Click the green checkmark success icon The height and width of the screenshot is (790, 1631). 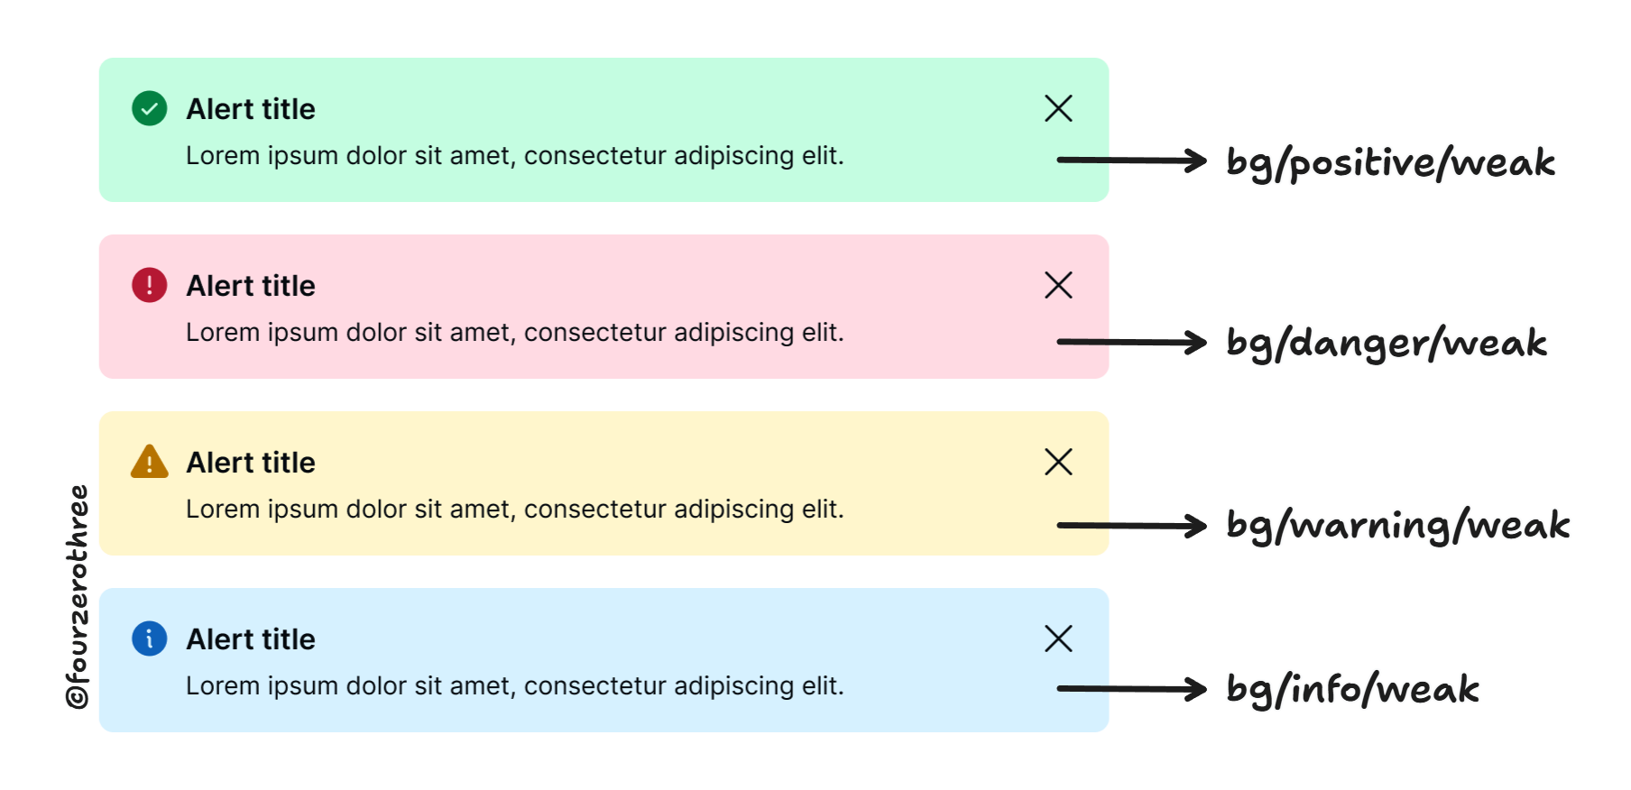[x=150, y=108]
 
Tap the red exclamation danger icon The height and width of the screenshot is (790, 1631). [x=150, y=285]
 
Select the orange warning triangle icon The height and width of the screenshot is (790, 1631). [x=150, y=462]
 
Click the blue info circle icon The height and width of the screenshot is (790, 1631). [x=150, y=638]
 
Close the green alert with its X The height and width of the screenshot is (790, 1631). [x=1058, y=108]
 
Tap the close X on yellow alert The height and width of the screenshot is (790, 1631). [x=1058, y=462]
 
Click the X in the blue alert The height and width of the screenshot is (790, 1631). [x=1058, y=638]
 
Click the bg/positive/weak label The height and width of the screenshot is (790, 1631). [x=1390, y=163]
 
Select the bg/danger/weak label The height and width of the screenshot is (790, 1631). [x=1387, y=344]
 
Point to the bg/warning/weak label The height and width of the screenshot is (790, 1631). [x=1398, y=526]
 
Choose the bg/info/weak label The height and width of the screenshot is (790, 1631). [x=1352, y=690]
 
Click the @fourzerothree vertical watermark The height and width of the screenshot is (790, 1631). [x=78, y=596]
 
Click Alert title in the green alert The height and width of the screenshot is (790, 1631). [x=251, y=109]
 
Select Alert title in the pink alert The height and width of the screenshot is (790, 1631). [x=251, y=286]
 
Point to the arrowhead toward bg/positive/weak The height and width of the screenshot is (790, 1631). [x=1197, y=161]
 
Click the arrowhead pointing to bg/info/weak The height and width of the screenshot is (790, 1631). [x=1197, y=689]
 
